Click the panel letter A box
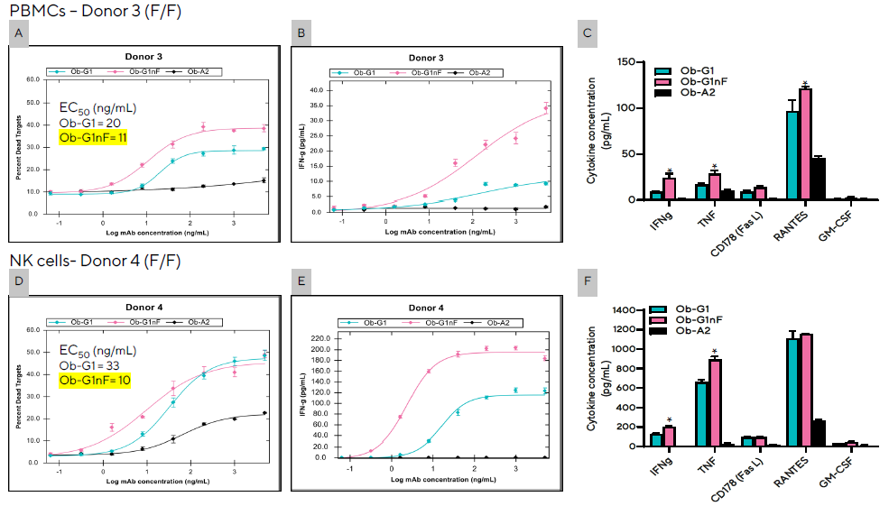tap(17, 34)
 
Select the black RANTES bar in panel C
tap(818, 179)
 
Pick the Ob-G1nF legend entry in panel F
tap(691, 319)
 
